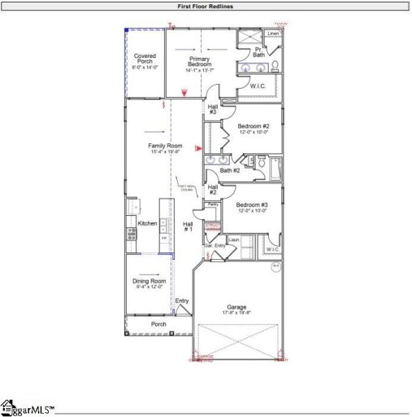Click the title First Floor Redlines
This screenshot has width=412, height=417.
click(x=206, y=5)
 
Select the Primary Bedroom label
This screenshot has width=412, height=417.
click(x=200, y=63)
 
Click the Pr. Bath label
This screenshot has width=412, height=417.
click(x=258, y=52)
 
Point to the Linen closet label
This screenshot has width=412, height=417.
click(x=273, y=33)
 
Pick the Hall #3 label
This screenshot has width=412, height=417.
click(x=212, y=108)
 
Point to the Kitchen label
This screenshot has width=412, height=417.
click(x=147, y=222)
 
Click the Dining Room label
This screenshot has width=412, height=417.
click(x=148, y=283)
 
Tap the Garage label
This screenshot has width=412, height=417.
click(x=236, y=308)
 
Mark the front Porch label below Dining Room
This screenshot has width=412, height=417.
click(x=159, y=323)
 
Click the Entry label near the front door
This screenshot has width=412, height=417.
click(x=182, y=301)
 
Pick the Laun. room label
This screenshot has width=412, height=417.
click(x=235, y=239)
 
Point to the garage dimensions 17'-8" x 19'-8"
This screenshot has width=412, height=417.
click(x=236, y=313)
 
